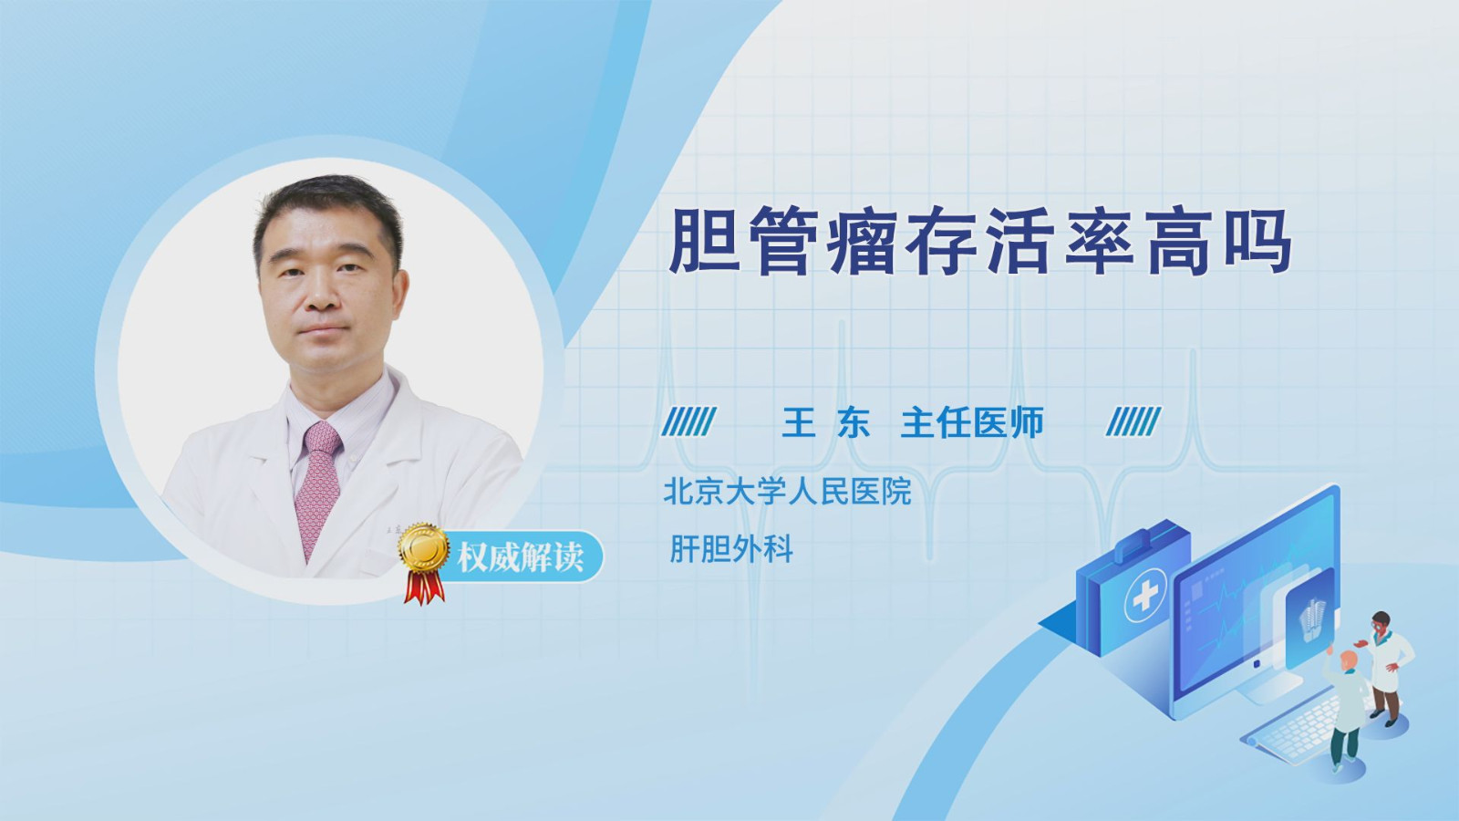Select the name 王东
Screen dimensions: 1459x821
tap(826, 422)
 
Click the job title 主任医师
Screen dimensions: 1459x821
tap(972, 422)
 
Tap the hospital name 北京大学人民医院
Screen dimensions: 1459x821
tap(787, 491)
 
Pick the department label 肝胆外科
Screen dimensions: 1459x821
tap(731, 548)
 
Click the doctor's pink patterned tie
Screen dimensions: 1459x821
tap(318, 485)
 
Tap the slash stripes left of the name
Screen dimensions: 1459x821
tap(689, 422)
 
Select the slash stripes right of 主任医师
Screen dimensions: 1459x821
tap(1133, 422)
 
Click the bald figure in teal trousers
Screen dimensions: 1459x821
tap(1344, 711)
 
